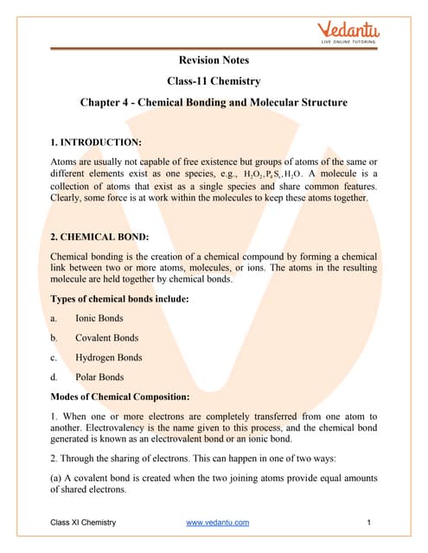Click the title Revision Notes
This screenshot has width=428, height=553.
(x=214, y=60)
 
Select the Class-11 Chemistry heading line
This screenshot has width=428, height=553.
(x=214, y=81)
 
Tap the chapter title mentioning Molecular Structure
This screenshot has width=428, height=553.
(x=214, y=103)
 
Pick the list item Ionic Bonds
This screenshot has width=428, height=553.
(x=99, y=318)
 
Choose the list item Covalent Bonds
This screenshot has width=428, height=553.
(x=106, y=338)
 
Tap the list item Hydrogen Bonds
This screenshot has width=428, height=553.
(x=108, y=358)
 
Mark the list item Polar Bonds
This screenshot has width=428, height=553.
(x=99, y=378)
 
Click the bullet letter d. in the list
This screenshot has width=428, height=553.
(x=54, y=378)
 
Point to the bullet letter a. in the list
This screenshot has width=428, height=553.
(x=54, y=318)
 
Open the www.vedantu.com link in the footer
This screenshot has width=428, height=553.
(x=218, y=523)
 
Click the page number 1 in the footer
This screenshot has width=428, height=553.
(x=369, y=523)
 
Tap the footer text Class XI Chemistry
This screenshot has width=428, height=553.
(x=82, y=523)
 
